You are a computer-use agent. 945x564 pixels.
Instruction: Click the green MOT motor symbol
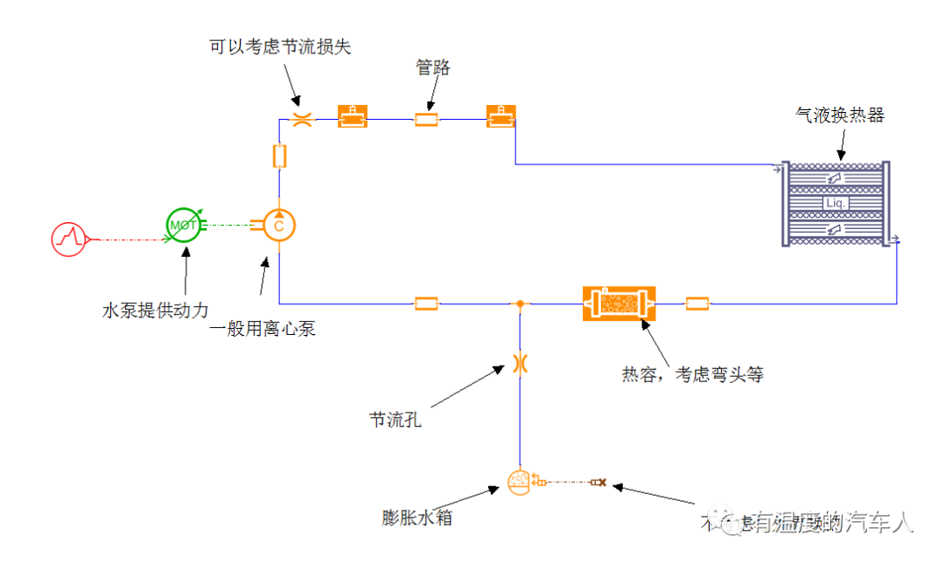[x=183, y=225]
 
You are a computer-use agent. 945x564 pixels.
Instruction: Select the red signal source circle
[x=69, y=238]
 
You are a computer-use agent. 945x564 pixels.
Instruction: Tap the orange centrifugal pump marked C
[x=279, y=225]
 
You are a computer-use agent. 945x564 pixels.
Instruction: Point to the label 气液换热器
[x=839, y=115]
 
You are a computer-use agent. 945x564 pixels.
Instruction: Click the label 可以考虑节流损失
[x=280, y=47]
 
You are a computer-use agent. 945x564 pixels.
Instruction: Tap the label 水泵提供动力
[x=156, y=310]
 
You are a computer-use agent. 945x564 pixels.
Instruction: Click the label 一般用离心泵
[x=262, y=330]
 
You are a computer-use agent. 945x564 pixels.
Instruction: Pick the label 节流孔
[x=395, y=420]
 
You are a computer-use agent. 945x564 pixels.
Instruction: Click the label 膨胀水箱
[x=417, y=518]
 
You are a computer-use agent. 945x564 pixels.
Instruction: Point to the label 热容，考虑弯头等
[x=693, y=375]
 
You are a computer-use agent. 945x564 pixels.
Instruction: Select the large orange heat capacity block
[x=619, y=303]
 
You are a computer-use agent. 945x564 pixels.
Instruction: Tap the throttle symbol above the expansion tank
[x=520, y=362]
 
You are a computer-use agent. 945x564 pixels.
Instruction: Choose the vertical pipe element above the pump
[x=279, y=156]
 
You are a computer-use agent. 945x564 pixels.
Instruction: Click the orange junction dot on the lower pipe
[x=520, y=303]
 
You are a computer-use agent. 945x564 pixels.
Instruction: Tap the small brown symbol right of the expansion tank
[x=599, y=482]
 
